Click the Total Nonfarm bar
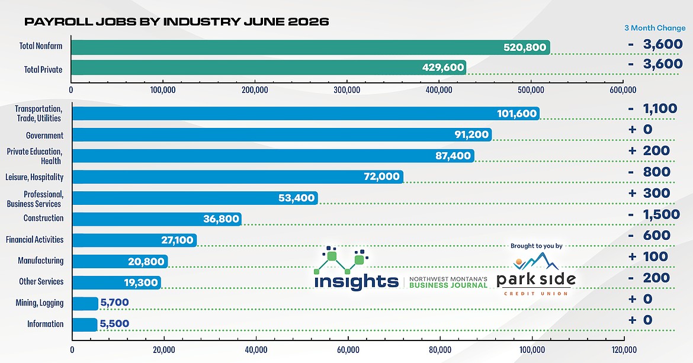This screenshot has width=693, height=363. [310, 47]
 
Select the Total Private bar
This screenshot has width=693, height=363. [268, 67]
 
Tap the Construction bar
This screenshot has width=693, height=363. [157, 219]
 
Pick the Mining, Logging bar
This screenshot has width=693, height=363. [85, 303]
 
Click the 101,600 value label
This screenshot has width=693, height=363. [516, 114]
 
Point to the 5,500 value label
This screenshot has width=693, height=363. [114, 324]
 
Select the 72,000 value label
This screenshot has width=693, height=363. [381, 176]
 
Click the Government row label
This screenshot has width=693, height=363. [44, 136]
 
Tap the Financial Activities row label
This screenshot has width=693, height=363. [34, 240]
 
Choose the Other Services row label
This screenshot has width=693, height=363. [41, 281]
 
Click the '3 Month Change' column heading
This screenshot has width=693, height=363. [654, 28]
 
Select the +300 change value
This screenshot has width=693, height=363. [649, 193]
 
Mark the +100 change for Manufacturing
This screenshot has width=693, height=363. [648, 256]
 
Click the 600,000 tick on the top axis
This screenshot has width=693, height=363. [623, 90]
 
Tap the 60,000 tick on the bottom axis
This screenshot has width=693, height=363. [348, 350]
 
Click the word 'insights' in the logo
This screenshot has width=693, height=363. [356, 281]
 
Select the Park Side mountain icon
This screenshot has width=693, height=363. [536, 264]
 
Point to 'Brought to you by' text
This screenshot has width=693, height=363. [537, 246]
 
